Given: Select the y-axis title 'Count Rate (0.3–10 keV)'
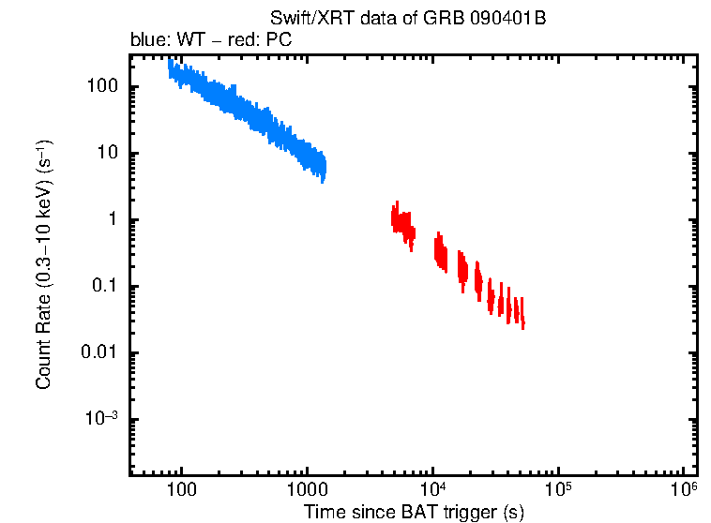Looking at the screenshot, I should [44, 265].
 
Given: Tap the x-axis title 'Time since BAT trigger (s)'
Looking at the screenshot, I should [413, 512].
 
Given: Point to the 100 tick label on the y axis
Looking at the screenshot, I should [99, 87].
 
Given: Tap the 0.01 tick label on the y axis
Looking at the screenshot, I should [98, 353].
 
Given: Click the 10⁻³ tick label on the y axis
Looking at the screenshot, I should [100, 419].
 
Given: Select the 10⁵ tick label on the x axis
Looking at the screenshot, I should [559, 490].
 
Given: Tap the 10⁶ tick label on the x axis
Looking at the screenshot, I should [685, 490].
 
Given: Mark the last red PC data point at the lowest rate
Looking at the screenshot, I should [522, 322].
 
